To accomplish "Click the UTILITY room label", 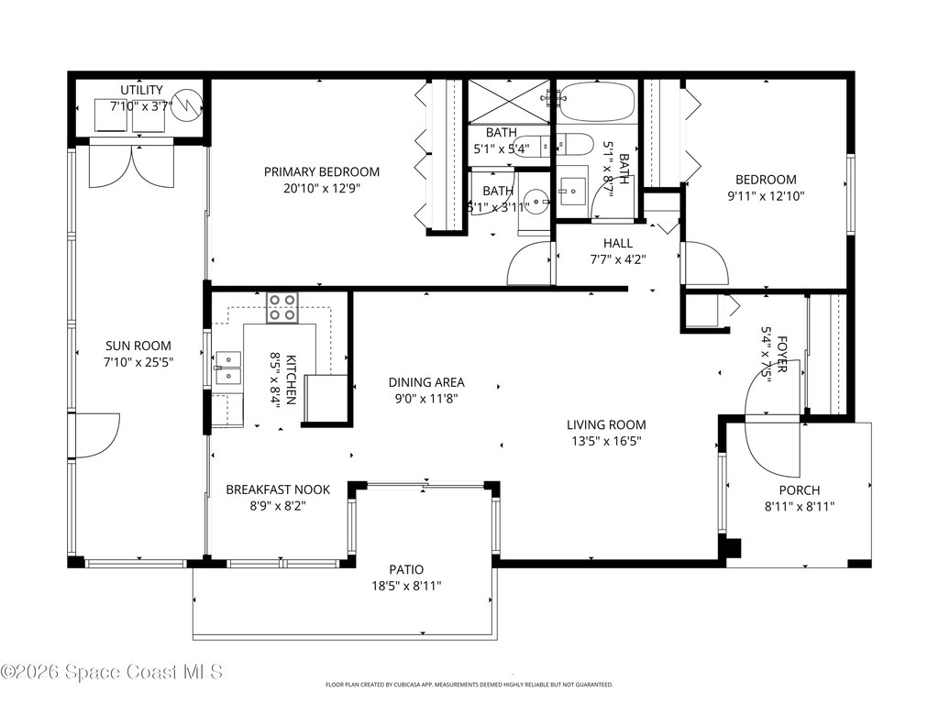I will tap(141, 90).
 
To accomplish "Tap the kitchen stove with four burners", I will tap(282, 307).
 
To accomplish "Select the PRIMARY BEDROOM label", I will tap(322, 172).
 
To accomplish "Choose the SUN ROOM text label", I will tap(138, 346).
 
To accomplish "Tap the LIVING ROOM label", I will tap(605, 424).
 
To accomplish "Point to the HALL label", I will tap(617, 243).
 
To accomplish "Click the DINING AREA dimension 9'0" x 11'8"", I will tap(425, 399).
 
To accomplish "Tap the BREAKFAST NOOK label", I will tap(278, 489).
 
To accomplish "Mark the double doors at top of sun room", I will tap(131, 166).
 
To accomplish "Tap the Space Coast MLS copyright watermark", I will tap(112, 672).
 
